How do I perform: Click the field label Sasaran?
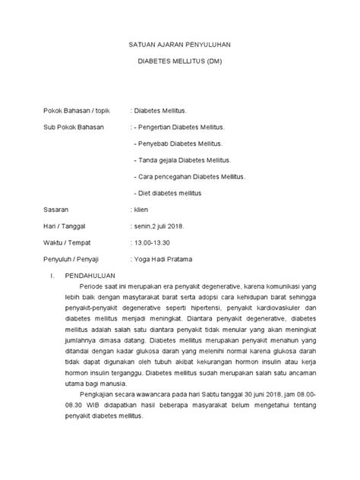(x=54, y=209)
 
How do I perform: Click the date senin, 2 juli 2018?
(x=164, y=226)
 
